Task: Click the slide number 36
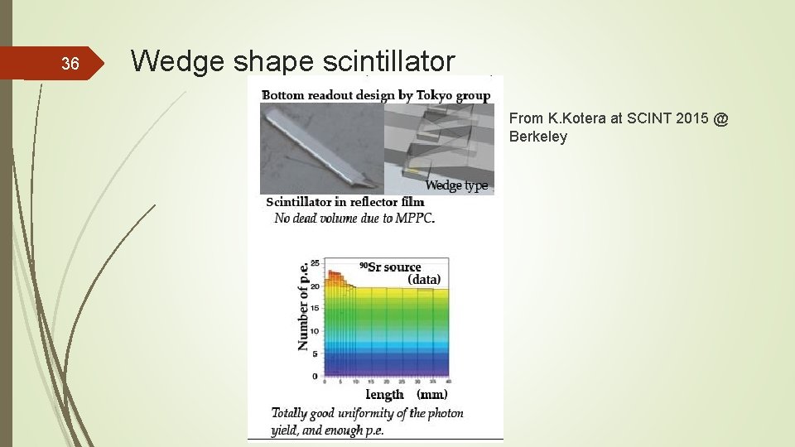pyautogui.click(x=70, y=65)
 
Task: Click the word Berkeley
pyautogui.click(x=538, y=137)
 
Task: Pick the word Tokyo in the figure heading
pyautogui.click(x=436, y=95)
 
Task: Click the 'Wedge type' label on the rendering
pyautogui.click(x=456, y=185)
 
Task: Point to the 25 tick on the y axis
pyautogui.click(x=314, y=262)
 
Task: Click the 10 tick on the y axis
pyautogui.click(x=314, y=330)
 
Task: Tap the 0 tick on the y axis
pyautogui.click(x=315, y=376)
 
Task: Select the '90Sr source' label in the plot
pyautogui.click(x=390, y=267)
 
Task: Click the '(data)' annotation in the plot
pyautogui.click(x=424, y=280)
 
